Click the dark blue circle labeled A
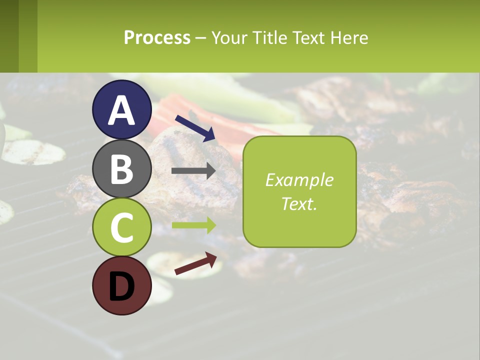coord(122,109)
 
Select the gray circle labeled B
coord(122,168)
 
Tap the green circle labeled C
coord(122,227)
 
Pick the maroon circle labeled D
coord(122,286)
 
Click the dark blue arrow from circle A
coord(195,128)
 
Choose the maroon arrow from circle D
coord(195,264)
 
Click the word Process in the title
coord(157,38)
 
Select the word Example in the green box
coord(299,180)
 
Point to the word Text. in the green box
coord(299,203)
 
